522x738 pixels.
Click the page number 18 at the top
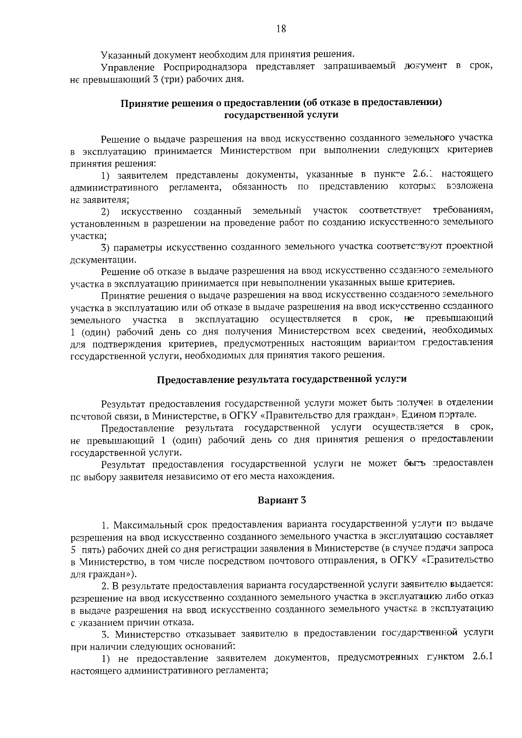(281, 29)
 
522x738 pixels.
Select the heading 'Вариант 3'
(282, 500)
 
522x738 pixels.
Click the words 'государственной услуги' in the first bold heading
(281, 115)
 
